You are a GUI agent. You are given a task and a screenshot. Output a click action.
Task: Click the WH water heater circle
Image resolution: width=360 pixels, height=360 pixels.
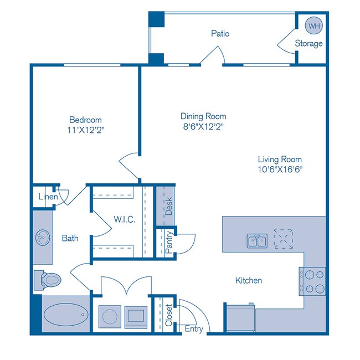[x=314, y=26]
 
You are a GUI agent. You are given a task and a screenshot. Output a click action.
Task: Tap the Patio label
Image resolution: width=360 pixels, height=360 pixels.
[x=220, y=33]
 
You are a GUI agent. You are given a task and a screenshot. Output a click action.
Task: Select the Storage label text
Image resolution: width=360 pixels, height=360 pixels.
[x=308, y=44]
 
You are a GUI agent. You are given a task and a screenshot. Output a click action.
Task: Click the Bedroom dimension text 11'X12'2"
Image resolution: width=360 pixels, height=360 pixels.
[x=85, y=130]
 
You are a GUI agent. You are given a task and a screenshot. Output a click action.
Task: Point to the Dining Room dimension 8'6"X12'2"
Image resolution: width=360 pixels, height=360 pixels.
[x=203, y=126]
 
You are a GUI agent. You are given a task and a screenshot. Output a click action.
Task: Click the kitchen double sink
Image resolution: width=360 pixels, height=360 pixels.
[x=256, y=240]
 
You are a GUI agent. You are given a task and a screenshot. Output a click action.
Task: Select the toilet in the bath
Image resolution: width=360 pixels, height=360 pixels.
[x=47, y=279]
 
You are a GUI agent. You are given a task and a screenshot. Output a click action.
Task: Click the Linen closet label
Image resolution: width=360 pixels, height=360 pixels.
[x=48, y=197]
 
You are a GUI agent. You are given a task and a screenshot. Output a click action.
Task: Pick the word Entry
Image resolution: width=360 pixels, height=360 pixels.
[x=193, y=329]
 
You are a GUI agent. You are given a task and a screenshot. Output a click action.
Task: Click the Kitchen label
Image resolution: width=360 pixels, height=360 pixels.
[x=248, y=280]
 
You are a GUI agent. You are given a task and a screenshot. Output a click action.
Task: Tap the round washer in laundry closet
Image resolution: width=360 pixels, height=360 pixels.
[x=110, y=317]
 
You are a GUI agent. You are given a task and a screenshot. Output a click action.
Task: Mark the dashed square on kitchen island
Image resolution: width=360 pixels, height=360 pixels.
[x=284, y=239]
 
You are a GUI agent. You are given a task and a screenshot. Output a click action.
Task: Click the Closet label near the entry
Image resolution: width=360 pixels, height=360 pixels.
[x=169, y=317]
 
